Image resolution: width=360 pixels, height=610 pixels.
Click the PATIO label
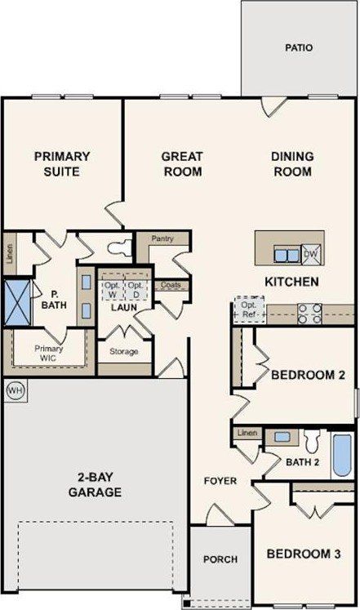click(x=299, y=47)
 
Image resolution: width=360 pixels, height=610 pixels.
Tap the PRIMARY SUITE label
click(x=62, y=163)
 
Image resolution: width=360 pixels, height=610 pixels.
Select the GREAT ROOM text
click(x=181, y=163)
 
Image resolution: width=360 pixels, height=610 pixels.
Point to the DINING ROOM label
click(x=292, y=163)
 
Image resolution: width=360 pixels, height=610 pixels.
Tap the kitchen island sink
click(x=286, y=255)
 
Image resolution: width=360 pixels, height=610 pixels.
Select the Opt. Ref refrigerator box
click(x=246, y=310)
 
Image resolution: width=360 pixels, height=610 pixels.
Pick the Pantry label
click(x=163, y=239)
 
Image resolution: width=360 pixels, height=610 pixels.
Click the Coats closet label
click(x=171, y=285)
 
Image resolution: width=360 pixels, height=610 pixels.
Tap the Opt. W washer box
click(x=112, y=290)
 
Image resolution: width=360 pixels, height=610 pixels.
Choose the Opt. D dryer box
click(x=136, y=290)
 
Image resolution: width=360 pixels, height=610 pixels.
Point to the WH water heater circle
click(x=14, y=390)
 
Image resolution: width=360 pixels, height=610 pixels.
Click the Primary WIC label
click(x=49, y=352)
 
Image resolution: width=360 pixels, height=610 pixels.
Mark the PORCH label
click(x=220, y=559)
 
